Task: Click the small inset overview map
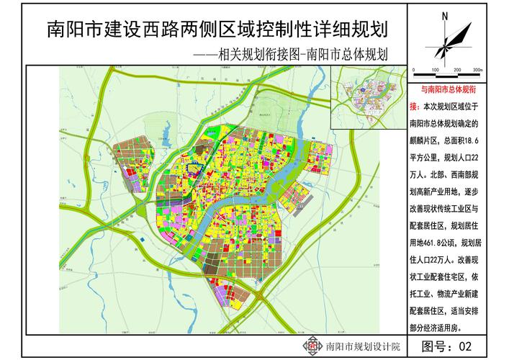[368, 97]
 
